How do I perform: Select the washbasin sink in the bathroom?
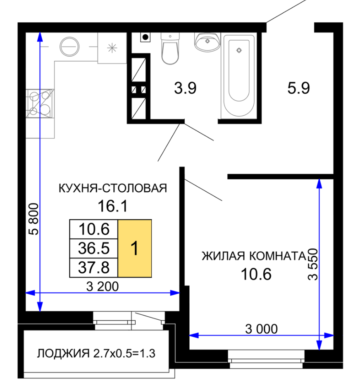pos(207,42)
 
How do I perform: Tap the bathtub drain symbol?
pos(239,50)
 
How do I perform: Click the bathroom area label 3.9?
pos(185,88)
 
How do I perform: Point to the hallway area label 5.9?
pos(298,88)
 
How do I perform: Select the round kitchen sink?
pos(69,47)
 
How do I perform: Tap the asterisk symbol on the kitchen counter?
pos(112,48)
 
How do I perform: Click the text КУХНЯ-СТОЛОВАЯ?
pos(113,188)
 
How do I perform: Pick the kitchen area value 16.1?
pos(112,206)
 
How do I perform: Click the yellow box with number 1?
pos(135,248)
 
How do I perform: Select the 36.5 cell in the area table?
pos(94,248)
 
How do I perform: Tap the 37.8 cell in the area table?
pos(94,268)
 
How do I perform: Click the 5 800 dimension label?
pos(34,219)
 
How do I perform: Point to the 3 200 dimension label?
pos(103,287)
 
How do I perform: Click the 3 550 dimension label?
pos(313,264)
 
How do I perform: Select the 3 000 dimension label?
pos(261,329)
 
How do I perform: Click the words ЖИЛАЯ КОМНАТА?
pos(254,256)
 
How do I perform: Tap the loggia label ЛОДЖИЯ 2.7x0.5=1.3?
pos(96,354)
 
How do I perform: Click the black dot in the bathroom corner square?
pos(145,37)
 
